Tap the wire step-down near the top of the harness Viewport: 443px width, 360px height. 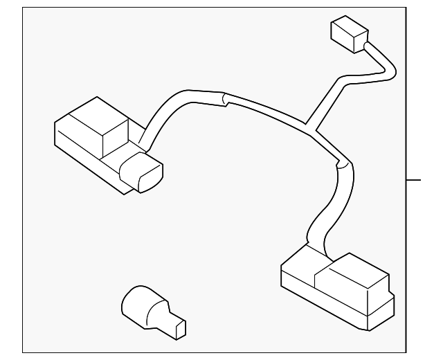(223, 101)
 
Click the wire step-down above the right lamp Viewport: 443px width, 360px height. (341, 165)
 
